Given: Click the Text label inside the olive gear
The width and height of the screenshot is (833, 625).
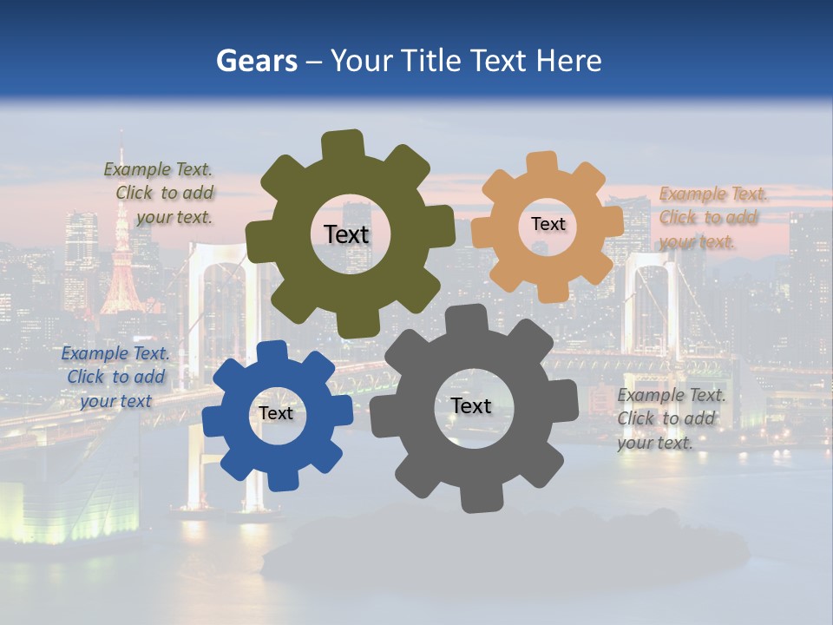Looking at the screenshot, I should [x=346, y=234].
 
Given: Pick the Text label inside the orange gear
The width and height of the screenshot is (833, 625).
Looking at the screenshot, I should [x=548, y=224].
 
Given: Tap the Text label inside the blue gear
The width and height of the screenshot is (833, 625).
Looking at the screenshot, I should [x=276, y=413].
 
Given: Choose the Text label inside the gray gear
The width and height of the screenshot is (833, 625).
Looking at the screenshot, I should [x=471, y=405].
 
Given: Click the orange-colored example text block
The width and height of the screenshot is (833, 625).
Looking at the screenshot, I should [x=712, y=218].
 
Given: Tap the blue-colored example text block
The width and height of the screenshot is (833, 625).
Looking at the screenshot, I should [x=115, y=377].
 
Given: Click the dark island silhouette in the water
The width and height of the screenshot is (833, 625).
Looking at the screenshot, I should [x=503, y=547].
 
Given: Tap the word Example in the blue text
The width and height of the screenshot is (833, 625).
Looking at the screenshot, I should [x=94, y=353].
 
